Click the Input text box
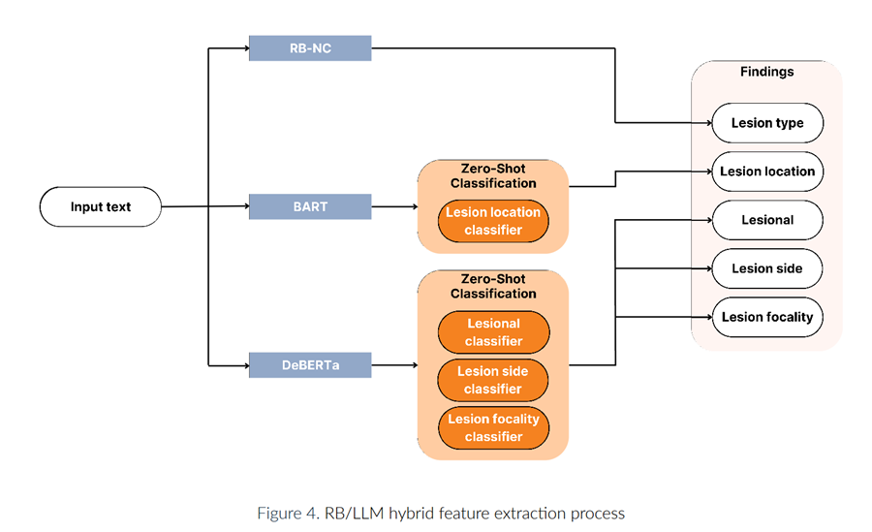100,206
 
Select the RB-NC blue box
309,47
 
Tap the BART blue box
309,206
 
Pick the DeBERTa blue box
309,365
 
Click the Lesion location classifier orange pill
493,221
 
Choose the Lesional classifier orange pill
493,332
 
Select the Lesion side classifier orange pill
493,380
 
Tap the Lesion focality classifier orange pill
493,427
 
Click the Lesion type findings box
767,123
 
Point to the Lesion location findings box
767,172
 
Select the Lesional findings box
767,220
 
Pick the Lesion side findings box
767,268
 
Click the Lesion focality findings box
767,316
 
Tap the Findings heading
766,72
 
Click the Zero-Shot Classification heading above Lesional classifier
493,286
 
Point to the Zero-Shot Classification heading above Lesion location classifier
493,175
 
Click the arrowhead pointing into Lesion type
706,123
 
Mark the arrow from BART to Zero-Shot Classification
394,206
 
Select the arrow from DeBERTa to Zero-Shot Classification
394,365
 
